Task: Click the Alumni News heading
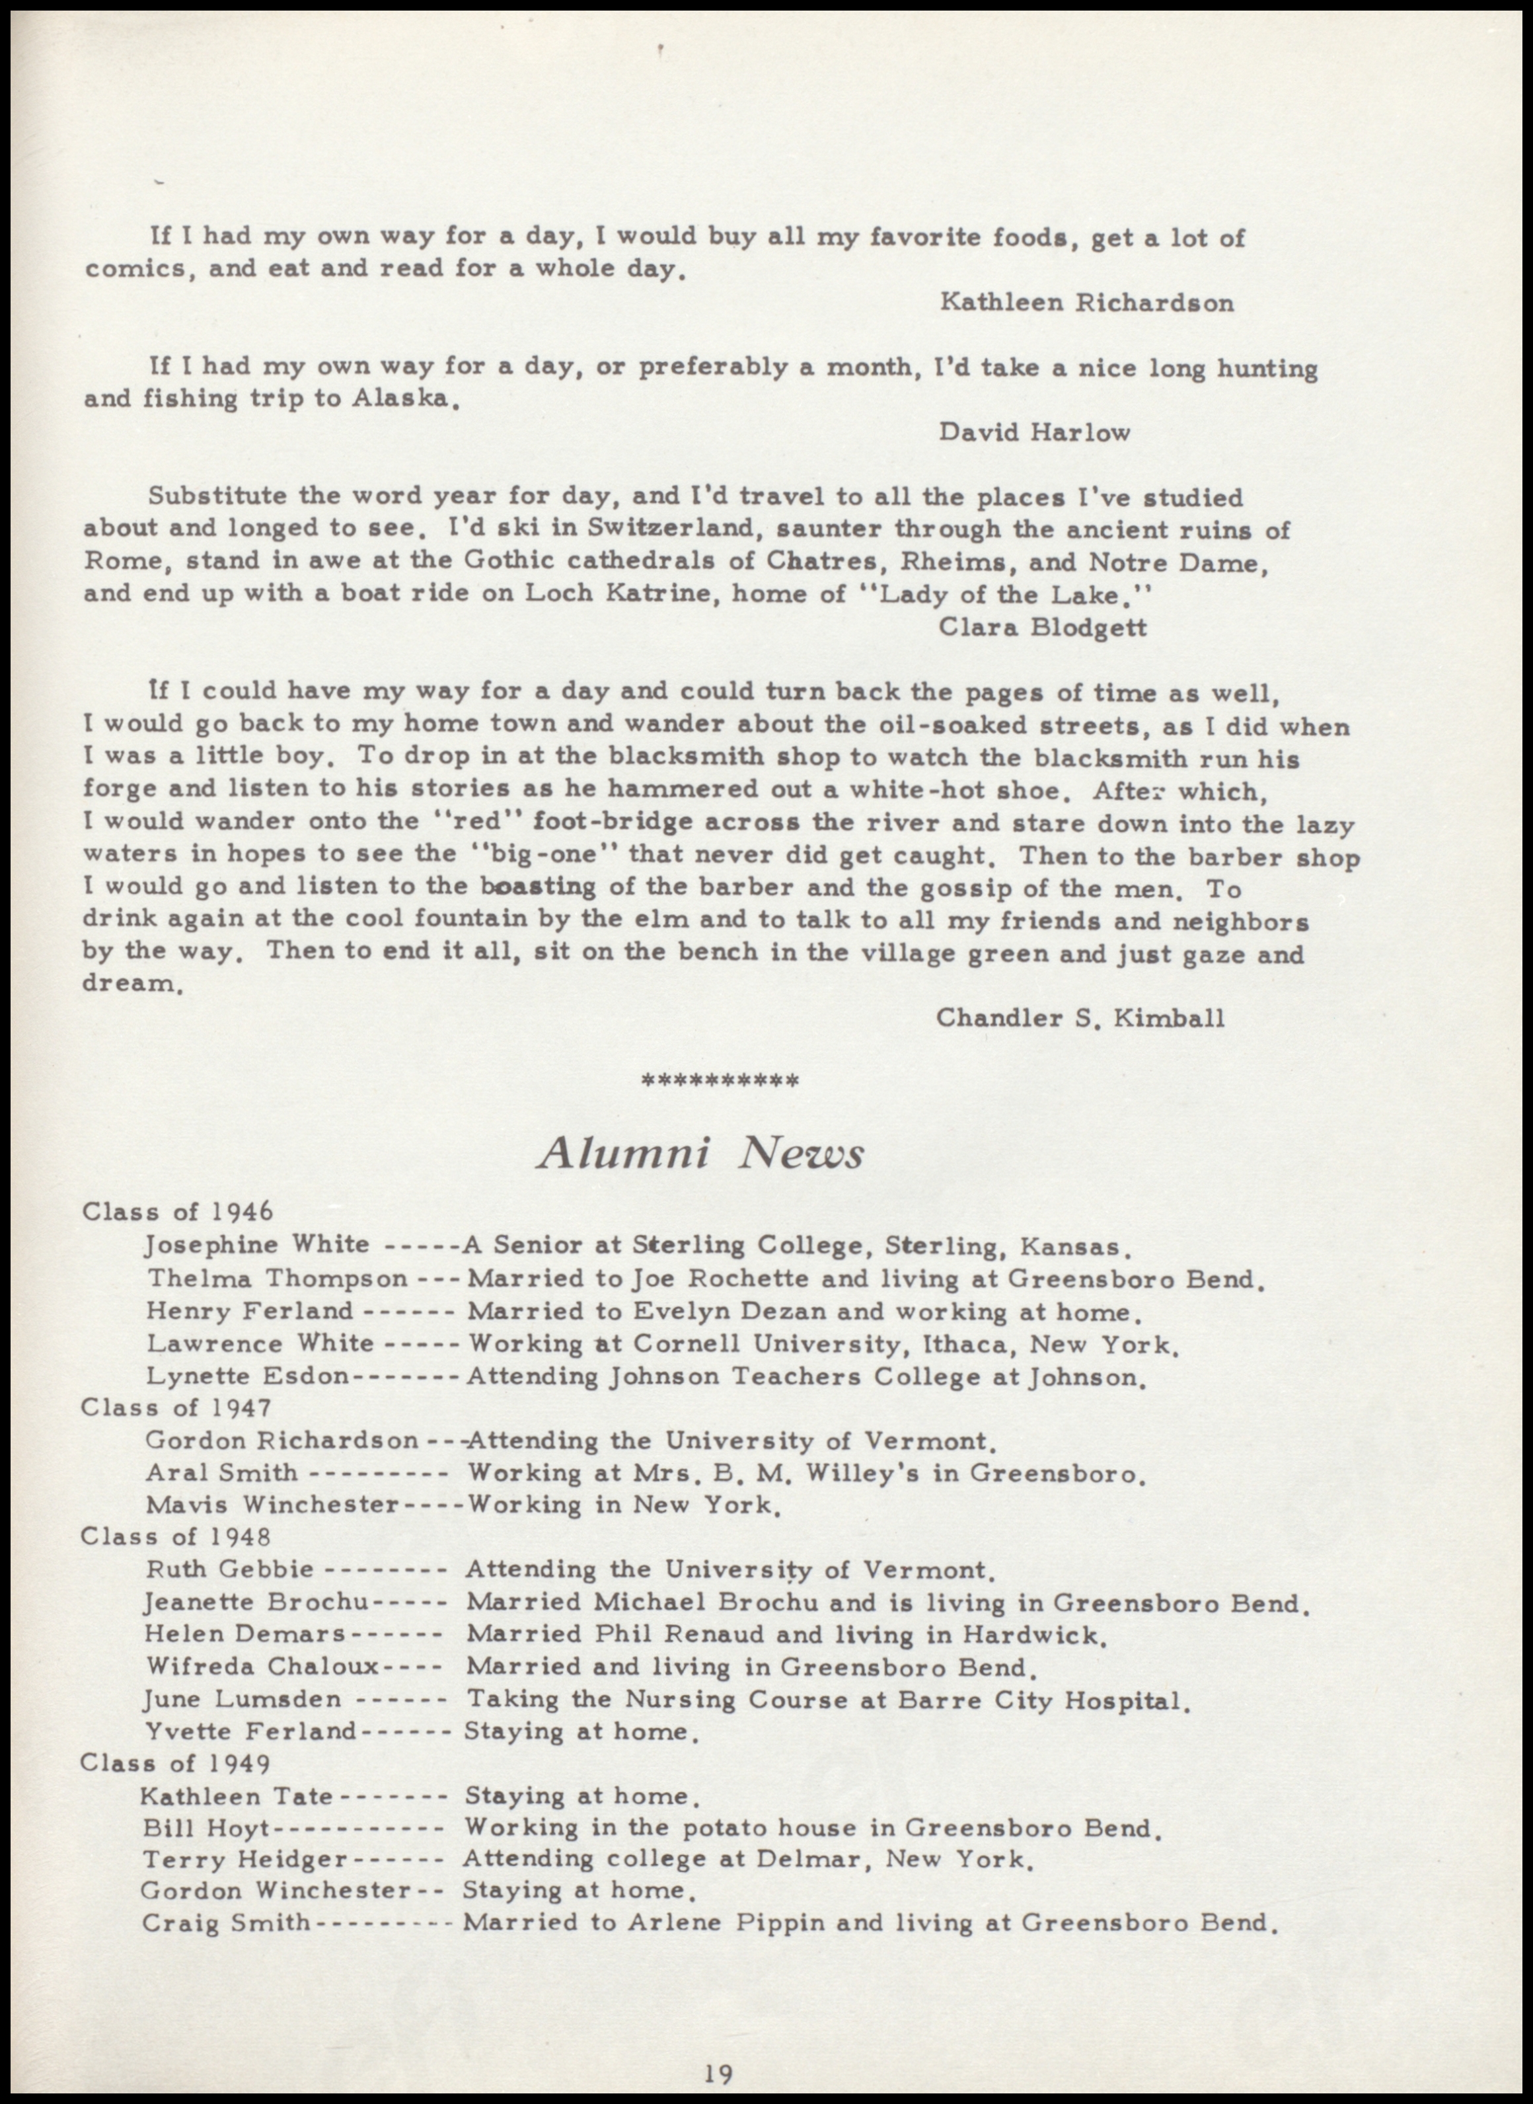click(x=700, y=1154)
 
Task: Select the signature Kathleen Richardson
click(x=1087, y=303)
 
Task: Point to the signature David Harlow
click(x=1035, y=432)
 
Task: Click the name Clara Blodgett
click(x=1043, y=627)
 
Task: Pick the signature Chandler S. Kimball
click(x=1080, y=1018)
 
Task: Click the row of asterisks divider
click(x=720, y=1080)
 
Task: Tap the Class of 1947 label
click(x=176, y=1408)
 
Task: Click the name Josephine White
click(x=257, y=1244)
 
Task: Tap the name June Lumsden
click(x=243, y=1700)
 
